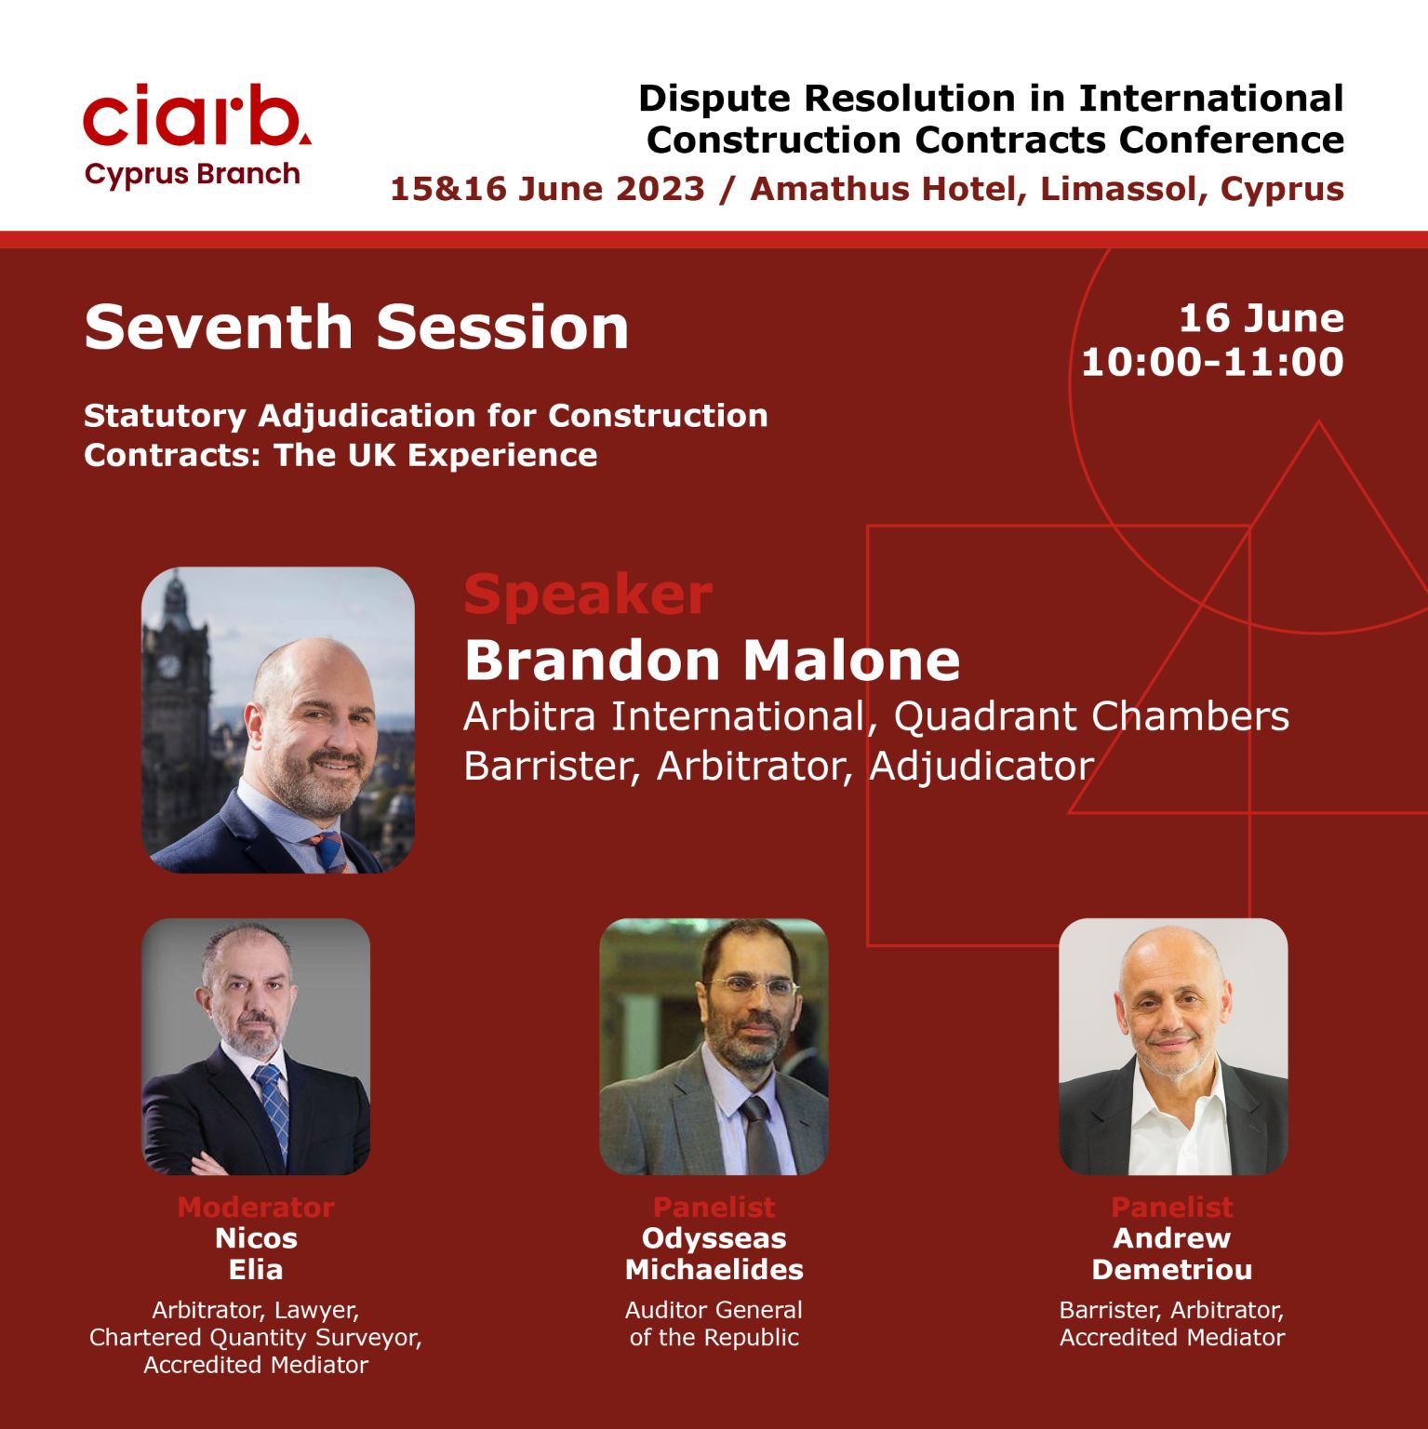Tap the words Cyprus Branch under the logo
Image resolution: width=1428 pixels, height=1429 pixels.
193,175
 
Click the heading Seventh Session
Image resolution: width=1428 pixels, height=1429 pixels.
356,327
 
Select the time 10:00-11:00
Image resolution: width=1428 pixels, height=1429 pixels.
1212,362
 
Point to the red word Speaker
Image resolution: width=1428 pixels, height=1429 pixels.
588,594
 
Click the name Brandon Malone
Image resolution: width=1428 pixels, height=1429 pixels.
712,660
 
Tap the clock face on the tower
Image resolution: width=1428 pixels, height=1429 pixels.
168,666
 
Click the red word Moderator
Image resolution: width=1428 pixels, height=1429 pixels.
256,1207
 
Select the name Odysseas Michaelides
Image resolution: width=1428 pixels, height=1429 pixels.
714,1254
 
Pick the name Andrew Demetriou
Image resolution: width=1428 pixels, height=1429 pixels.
1172,1254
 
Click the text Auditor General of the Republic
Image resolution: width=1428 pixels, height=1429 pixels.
714,1324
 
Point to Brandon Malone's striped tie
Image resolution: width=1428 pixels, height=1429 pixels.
330,850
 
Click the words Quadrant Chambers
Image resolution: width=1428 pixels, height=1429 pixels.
1091,715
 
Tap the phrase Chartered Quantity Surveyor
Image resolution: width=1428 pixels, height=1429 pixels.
256,1338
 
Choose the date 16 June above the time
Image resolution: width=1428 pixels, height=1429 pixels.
1261,318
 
